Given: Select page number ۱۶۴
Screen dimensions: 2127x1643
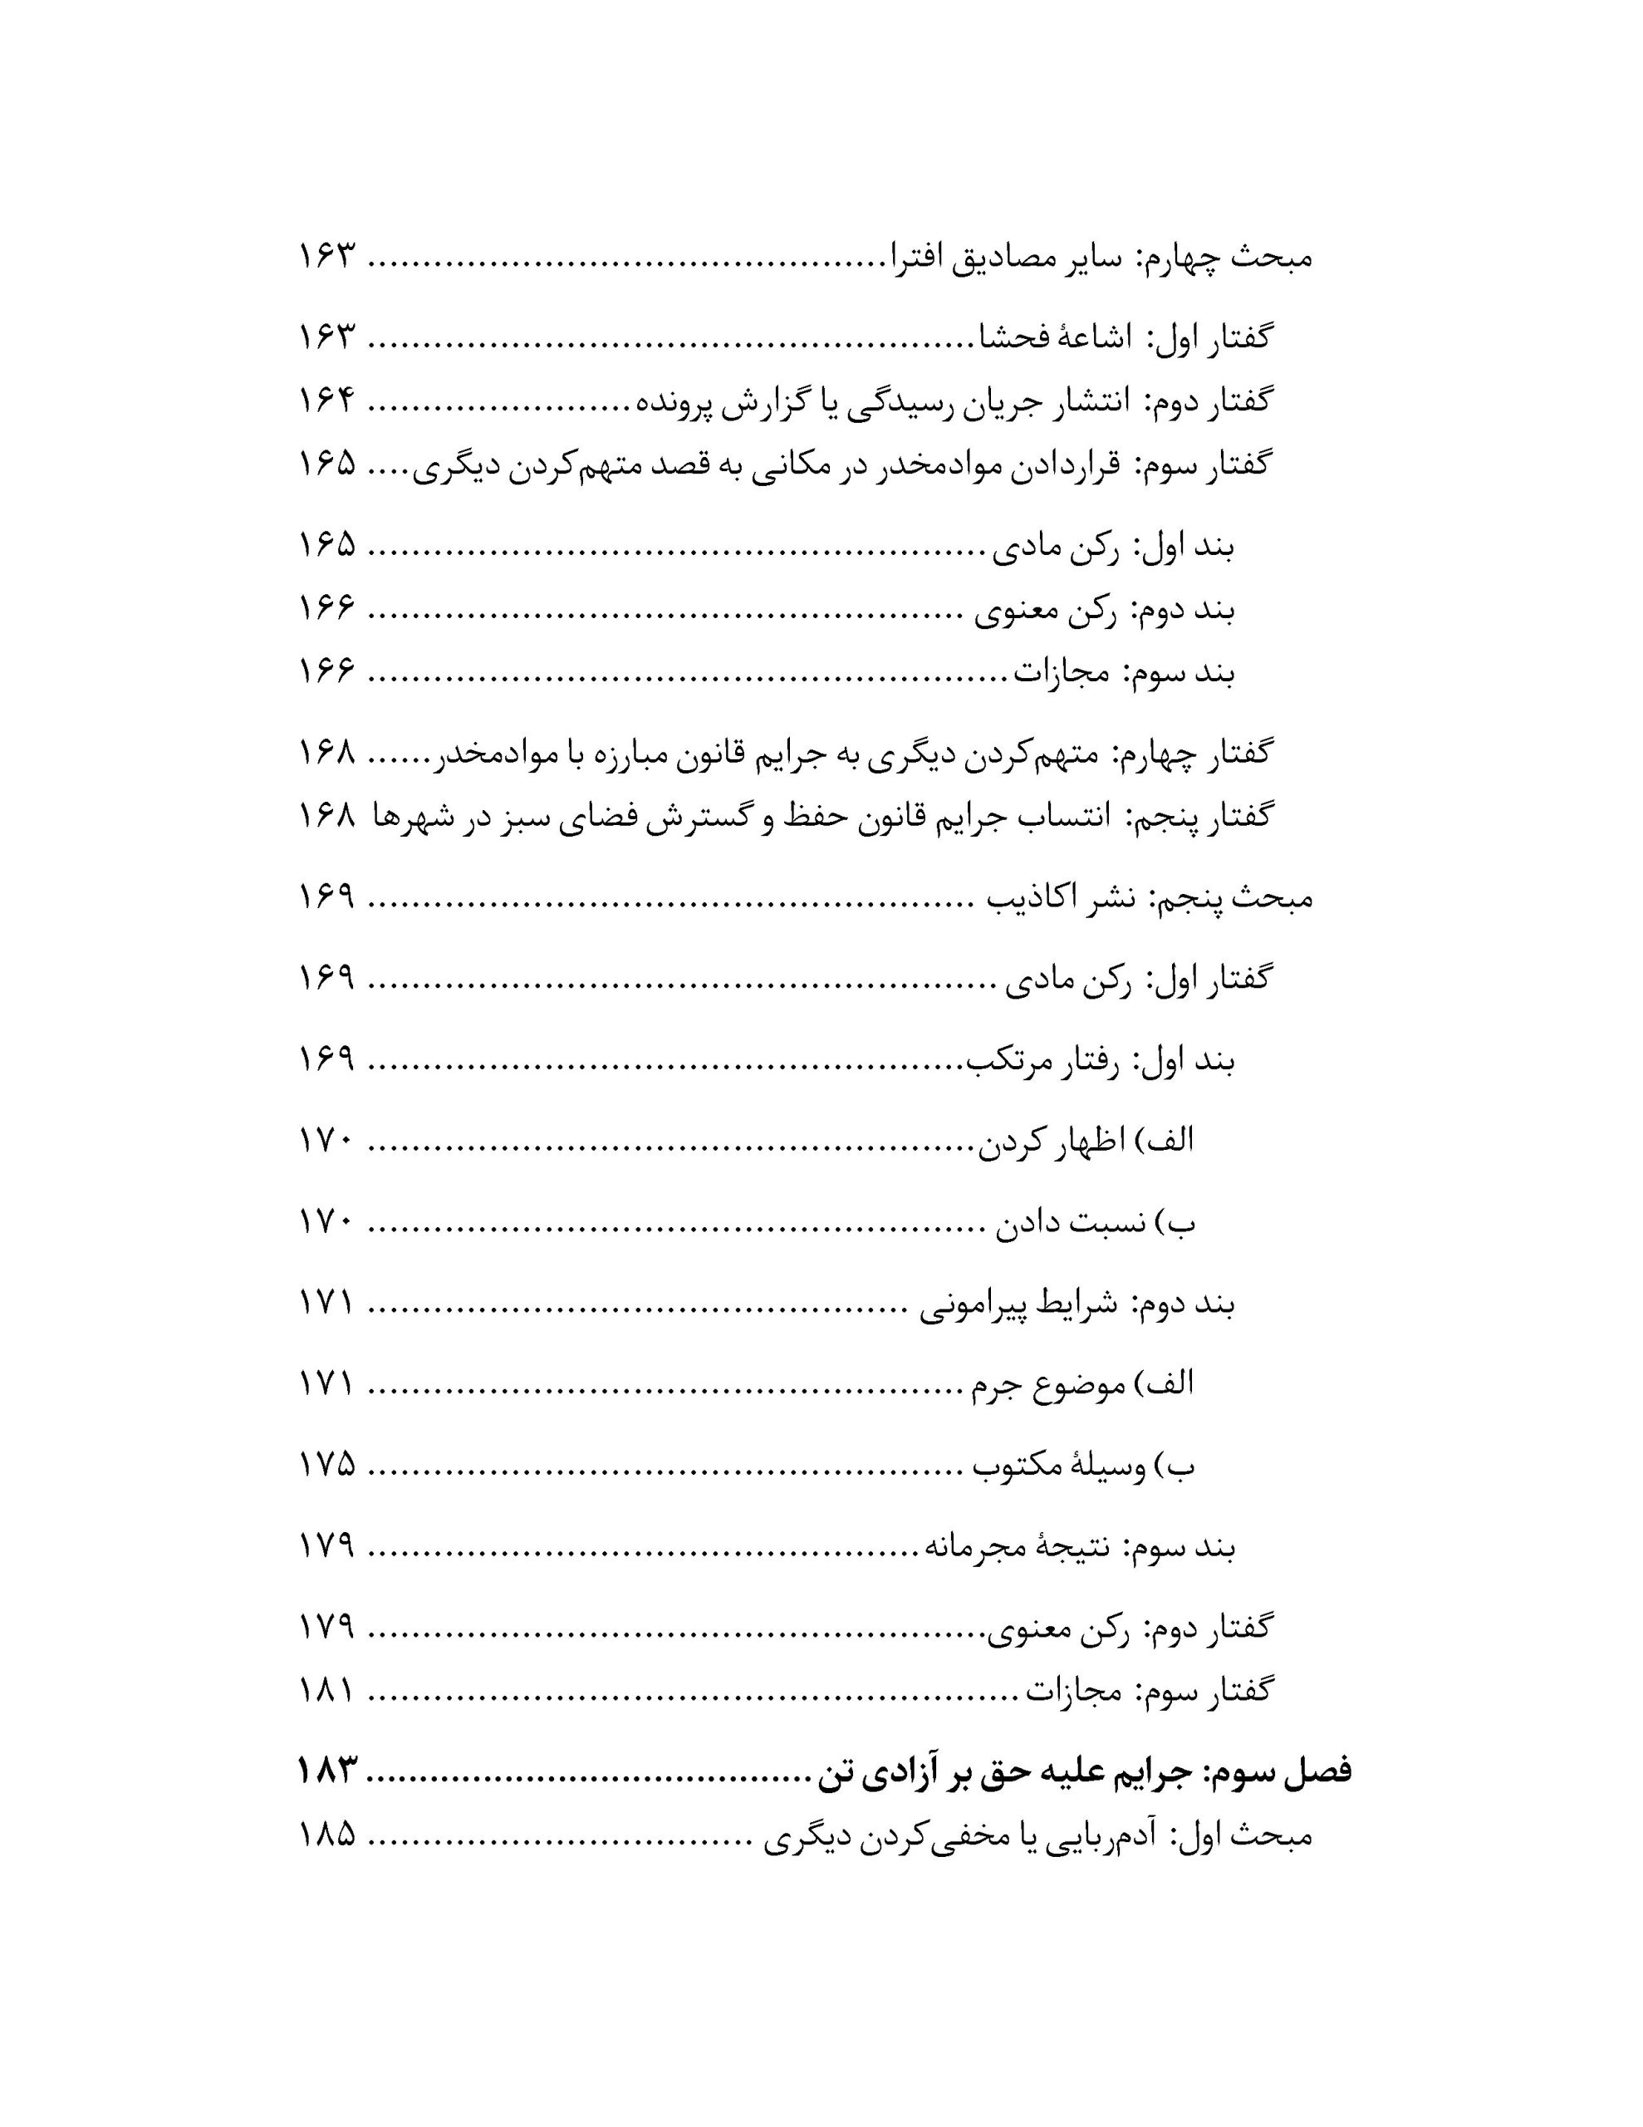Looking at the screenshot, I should pos(326,400).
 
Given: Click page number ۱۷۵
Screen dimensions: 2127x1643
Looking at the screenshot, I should pos(326,1464).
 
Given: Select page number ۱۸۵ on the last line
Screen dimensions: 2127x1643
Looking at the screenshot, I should pos(326,1836).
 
